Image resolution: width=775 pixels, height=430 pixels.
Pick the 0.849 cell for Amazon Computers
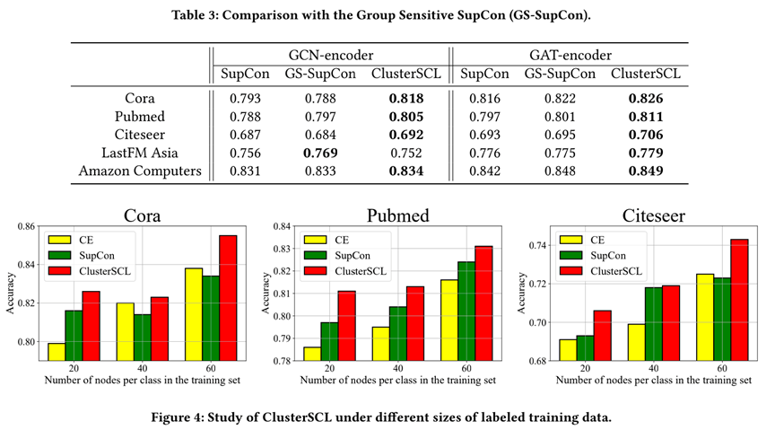coord(646,171)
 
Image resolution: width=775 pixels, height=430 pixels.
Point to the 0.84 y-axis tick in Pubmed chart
coord(283,226)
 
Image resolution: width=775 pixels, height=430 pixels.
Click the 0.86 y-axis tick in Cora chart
coord(24,226)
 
